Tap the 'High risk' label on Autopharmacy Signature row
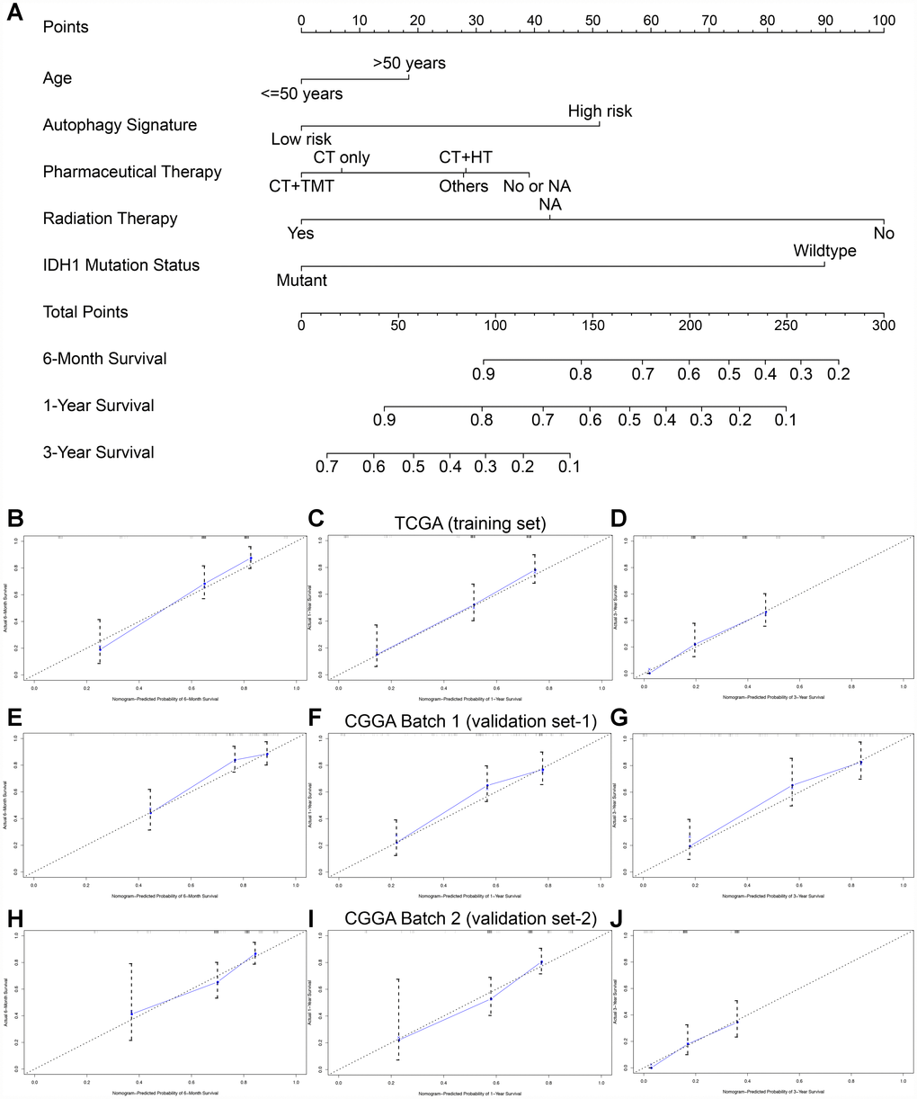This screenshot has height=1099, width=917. click(x=600, y=112)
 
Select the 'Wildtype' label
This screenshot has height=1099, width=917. click(x=824, y=251)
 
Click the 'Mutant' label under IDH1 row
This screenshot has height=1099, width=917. click(x=301, y=281)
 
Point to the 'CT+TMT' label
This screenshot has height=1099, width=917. click(x=301, y=187)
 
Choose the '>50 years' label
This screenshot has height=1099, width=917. click(x=409, y=64)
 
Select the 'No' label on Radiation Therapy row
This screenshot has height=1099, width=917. click(x=885, y=233)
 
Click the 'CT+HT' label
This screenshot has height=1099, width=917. click(x=464, y=158)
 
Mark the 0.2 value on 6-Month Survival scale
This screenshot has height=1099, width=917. click(x=838, y=373)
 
